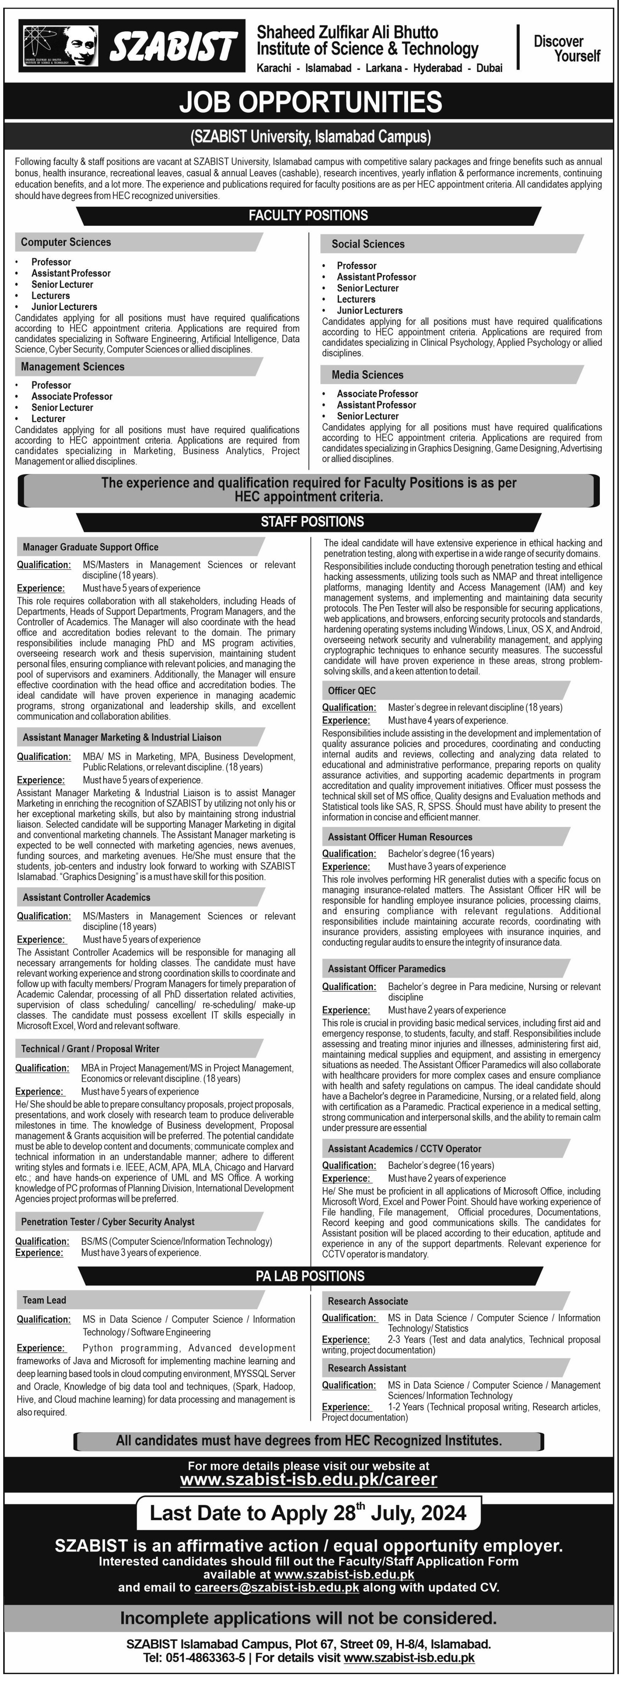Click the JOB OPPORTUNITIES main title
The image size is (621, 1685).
click(310, 102)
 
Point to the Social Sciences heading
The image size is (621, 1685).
click(368, 244)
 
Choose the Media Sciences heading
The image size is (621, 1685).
click(367, 375)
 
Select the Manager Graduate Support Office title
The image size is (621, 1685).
click(90, 547)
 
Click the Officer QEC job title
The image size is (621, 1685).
click(352, 691)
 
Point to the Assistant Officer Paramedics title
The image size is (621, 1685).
click(387, 969)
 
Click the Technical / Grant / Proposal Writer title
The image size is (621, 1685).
click(90, 1049)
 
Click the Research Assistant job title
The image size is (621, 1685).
click(367, 1368)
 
